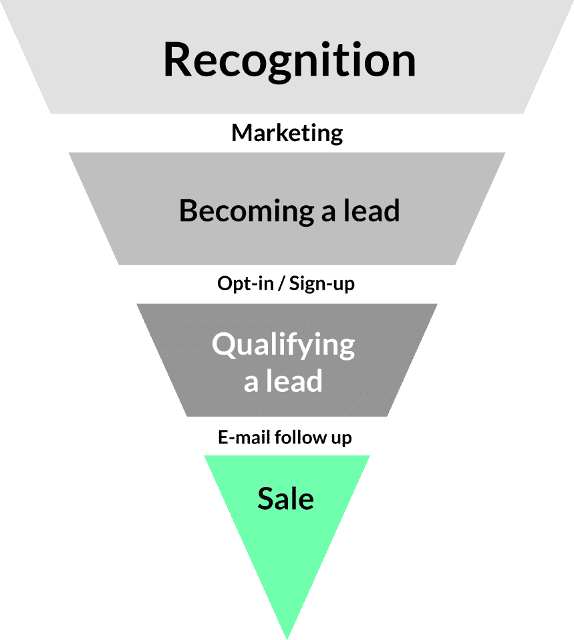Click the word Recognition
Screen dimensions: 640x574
click(289, 60)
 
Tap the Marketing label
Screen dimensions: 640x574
click(287, 132)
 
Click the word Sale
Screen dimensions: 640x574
click(286, 499)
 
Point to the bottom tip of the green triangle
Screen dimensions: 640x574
click(287, 635)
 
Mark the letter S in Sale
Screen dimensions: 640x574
click(265, 499)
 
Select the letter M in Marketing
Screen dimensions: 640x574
click(241, 132)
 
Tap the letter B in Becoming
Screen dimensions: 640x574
click(188, 211)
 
